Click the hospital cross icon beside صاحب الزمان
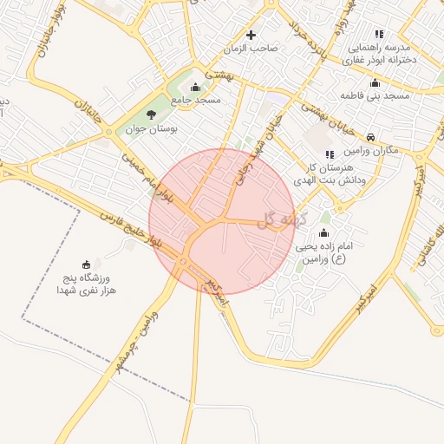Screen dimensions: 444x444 (x=251, y=35)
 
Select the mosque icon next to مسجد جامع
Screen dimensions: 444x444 (x=194, y=87)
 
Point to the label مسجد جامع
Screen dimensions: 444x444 (x=197, y=101)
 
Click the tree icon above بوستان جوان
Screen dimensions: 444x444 (x=152, y=114)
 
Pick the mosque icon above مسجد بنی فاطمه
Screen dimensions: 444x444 (x=375, y=83)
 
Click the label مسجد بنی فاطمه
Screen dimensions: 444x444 (x=375, y=95)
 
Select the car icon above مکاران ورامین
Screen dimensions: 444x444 (x=370, y=137)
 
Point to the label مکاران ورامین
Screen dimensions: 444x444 (x=370, y=150)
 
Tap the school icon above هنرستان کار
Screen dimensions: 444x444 (x=330, y=154)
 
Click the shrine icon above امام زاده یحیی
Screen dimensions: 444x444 (x=324, y=232)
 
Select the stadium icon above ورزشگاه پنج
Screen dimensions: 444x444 (x=86, y=264)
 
